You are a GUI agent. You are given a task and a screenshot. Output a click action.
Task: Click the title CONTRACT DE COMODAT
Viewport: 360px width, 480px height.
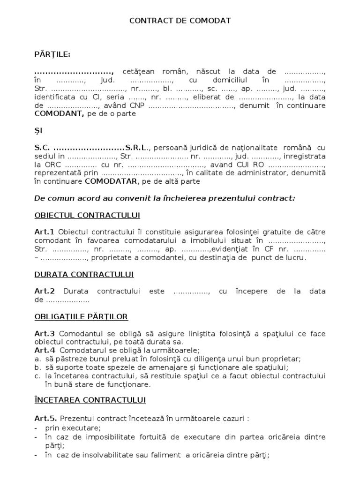(x=180, y=21)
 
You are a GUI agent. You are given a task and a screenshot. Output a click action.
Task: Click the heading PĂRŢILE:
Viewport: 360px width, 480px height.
(x=52, y=55)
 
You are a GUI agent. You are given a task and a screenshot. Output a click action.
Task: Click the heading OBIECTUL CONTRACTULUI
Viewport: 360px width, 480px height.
(x=87, y=215)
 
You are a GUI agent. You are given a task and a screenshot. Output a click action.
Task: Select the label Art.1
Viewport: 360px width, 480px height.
(x=45, y=232)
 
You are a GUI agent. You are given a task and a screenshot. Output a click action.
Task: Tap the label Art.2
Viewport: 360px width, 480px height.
(x=45, y=291)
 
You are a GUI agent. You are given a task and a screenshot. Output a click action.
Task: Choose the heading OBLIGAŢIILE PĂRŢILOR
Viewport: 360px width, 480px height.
(x=81, y=317)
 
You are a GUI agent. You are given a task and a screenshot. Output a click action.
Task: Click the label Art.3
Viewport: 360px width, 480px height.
(x=45, y=333)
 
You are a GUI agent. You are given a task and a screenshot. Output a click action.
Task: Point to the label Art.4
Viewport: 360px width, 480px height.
(x=45, y=350)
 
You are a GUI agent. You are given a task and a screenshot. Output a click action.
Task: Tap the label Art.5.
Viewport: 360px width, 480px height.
(x=45, y=418)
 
